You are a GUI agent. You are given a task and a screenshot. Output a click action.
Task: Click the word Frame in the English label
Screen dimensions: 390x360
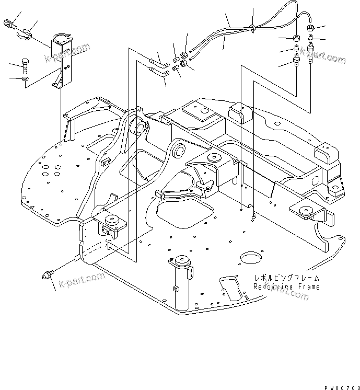tap(304, 287)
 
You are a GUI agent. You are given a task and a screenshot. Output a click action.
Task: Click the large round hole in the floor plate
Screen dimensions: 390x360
tap(251, 259)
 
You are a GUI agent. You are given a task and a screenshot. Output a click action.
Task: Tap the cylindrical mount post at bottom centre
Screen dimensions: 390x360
tap(181, 285)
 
